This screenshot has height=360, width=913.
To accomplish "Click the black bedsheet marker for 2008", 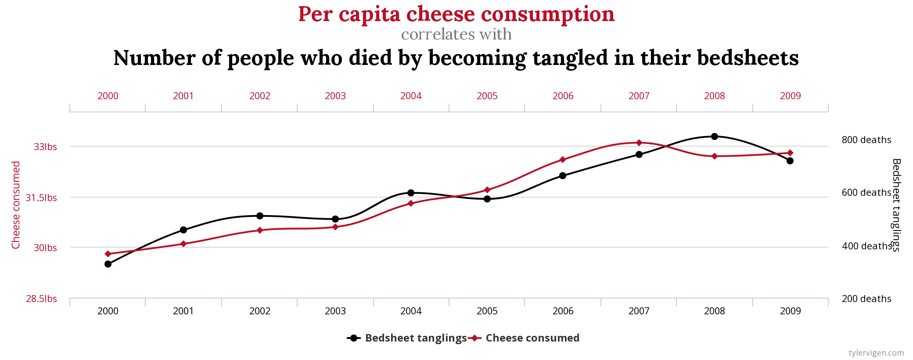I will click(x=715, y=137).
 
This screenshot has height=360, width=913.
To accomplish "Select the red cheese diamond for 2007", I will click(x=639, y=143).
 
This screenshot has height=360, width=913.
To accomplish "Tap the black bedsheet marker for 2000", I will click(x=108, y=264).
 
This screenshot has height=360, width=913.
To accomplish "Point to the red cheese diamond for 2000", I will click(x=108, y=254).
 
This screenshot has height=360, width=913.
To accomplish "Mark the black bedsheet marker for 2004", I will click(x=411, y=193).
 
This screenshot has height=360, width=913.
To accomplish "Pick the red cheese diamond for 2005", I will click(x=487, y=190).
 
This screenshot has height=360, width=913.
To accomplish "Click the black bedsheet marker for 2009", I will click(x=790, y=161).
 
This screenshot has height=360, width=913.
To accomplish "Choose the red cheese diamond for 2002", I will click(x=260, y=230).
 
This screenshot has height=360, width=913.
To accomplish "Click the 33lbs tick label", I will click(x=45, y=147).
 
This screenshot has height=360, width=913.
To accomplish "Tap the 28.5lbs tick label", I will click(x=41, y=299).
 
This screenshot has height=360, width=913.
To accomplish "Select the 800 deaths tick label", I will click(x=866, y=140).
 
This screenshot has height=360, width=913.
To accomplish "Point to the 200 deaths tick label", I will click(x=866, y=299).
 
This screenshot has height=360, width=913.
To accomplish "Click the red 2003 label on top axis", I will click(x=335, y=96).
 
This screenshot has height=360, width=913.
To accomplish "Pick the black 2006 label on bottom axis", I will click(x=563, y=311).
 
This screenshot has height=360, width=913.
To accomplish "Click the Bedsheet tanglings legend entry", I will click(x=407, y=338).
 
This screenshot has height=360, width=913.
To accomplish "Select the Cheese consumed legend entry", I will click(x=525, y=338).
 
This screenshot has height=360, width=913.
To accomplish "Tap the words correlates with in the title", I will click(x=456, y=34).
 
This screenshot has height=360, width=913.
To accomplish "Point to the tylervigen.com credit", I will click(x=876, y=353).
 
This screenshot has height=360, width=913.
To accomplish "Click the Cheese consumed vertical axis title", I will click(x=16, y=205).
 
